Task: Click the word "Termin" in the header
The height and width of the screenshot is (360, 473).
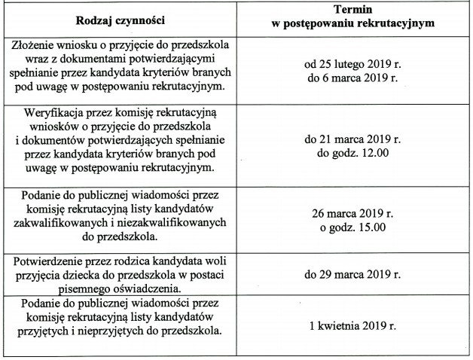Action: click(352, 11)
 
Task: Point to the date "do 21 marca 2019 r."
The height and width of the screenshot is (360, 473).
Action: click(352, 140)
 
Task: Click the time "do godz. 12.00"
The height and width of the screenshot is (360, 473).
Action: click(352, 154)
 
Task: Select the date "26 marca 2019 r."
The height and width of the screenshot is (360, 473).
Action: click(352, 213)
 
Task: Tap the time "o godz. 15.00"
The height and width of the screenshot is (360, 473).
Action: click(352, 227)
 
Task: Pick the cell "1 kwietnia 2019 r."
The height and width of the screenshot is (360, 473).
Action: click(352, 326)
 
